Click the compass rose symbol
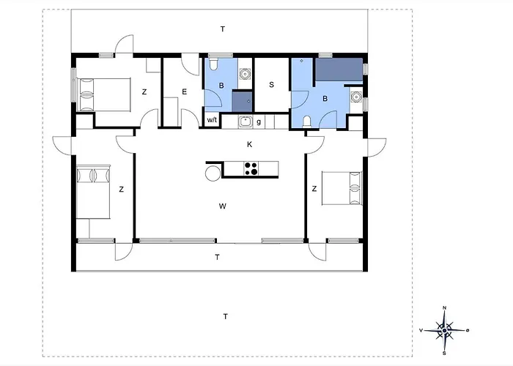[x=444, y=330]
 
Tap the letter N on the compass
[x=444, y=307]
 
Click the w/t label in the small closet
[x=212, y=120]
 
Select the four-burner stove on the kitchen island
[x=251, y=169]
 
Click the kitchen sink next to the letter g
[x=245, y=122]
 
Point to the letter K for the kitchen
[x=250, y=144]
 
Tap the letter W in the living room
[x=223, y=206]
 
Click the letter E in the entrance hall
[x=184, y=91]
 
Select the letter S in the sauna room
[x=271, y=85]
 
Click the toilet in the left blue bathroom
[x=213, y=64]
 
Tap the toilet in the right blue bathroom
[x=307, y=122]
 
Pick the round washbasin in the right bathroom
[x=355, y=97]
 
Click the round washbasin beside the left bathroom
[x=244, y=73]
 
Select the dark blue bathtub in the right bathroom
[x=339, y=70]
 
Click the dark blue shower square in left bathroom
[x=242, y=102]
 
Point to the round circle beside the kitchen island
[x=213, y=173]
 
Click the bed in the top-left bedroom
[x=103, y=94]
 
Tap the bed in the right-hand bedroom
[x=342, y=188]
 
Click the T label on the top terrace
[x=223, y=29]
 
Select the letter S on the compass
[x=444, y=354]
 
